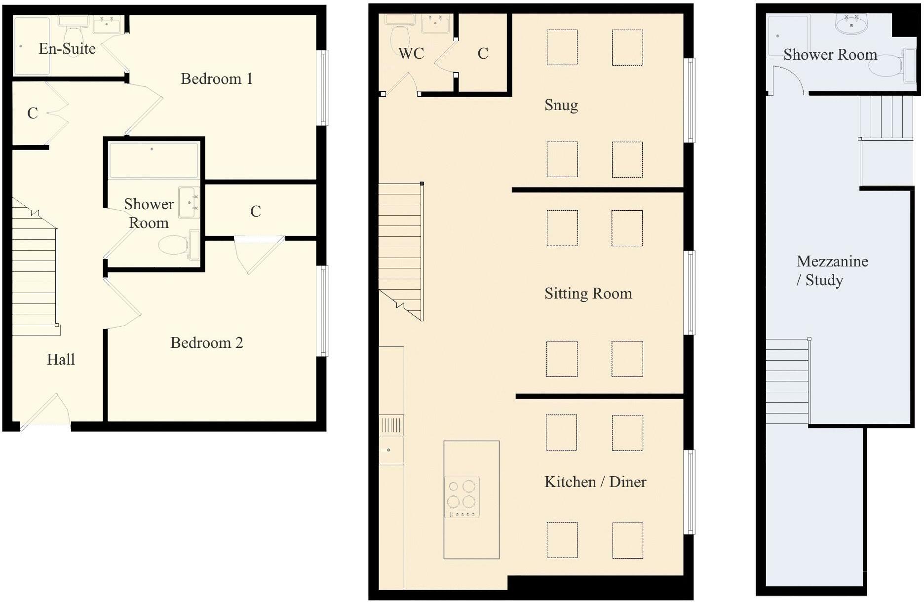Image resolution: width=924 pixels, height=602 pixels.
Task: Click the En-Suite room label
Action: (x=67, y=48)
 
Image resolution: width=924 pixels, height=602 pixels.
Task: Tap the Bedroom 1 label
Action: (x=217, y=78)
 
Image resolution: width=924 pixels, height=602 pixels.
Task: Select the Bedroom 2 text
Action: (x=207, y=342)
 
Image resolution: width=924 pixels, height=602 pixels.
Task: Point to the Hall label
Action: (x=61, y=359)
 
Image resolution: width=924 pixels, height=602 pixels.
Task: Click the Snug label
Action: (x=561, y=105)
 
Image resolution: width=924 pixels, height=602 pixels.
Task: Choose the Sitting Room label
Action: (x=588, y=294)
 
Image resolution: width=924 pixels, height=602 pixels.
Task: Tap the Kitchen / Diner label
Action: (x=595, y=482)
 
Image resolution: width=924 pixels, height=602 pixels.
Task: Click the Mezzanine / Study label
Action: (x=832, y=270)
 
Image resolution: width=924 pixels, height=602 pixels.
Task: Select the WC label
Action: (x=411, y=53)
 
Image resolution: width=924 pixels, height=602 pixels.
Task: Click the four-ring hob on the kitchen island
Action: (x=462, y=497)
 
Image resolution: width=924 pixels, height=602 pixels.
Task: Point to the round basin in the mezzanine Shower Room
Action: (x=851, y=24)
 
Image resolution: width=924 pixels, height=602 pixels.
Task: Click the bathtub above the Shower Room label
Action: (x=154, y=160)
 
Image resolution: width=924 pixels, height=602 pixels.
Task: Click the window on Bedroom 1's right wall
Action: (x=322, y=88)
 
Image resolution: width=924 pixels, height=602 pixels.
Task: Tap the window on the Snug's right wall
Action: (x=690, y=101)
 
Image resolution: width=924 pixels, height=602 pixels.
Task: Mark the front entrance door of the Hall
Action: (x=45, y=412)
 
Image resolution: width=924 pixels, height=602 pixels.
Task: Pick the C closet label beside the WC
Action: (x=483, y=53)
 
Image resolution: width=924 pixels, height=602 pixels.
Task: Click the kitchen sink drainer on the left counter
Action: (x=391, y=425)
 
